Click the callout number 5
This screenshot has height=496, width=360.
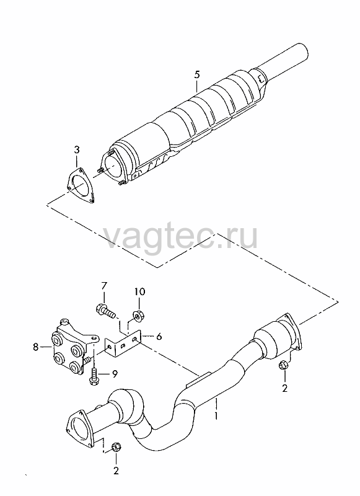pos(196,75)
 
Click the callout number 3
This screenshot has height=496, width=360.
pos(77,149)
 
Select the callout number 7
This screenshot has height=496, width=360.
pos(104,286)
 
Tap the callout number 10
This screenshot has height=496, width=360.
pos(139,291)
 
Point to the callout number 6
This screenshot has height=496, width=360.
pos(159,336)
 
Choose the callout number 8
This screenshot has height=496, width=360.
pos(35,347)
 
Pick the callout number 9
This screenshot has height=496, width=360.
pos(114,374)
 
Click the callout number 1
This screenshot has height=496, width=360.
pos(216,415)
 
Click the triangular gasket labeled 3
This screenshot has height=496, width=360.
pos(81,185)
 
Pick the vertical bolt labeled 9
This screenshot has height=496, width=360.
pos(94,376)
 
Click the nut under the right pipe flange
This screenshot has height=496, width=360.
pos(283,365)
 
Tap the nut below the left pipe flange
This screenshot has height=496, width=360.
pos(116,447)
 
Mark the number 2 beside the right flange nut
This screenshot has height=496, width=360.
pos(284,388)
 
